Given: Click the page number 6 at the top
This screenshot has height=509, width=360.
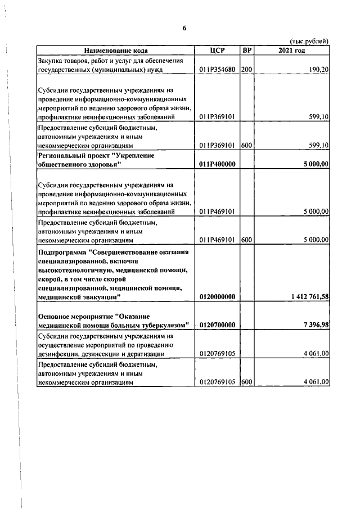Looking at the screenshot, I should coord(184,28).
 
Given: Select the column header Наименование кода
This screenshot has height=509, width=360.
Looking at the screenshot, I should coord(116,51).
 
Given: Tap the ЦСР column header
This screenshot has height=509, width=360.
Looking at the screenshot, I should coord(217,51).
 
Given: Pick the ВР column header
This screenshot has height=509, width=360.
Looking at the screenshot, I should coord(246,51).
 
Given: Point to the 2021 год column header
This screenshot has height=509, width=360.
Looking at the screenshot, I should coord(291,51).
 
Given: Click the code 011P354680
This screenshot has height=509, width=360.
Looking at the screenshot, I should coord(217,70).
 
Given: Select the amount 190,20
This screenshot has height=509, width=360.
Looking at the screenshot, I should coord(317,70).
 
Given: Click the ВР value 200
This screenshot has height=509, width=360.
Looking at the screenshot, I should coord(246,70).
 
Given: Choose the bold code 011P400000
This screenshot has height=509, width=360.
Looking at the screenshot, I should coord(217,164).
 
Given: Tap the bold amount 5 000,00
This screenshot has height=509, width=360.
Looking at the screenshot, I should coord(315,164).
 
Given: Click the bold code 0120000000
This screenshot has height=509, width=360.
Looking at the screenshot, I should coord(217,296).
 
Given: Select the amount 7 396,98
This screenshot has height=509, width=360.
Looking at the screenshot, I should coord(315,325).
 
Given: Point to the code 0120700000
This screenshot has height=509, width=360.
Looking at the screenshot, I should coord(217,325).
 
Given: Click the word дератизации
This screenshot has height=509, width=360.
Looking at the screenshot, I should coord(144,354).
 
